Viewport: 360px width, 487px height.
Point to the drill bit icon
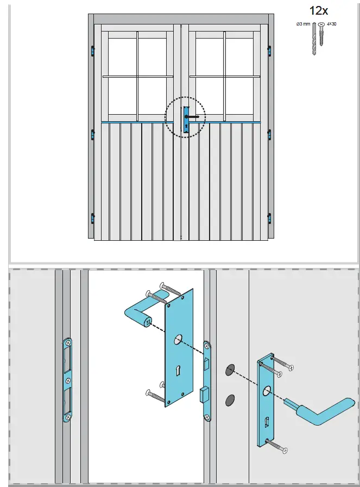312,39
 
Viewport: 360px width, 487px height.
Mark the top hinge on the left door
92,51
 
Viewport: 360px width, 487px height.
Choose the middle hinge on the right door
270,135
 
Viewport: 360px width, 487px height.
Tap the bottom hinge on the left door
92,218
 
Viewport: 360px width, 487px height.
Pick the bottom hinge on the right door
270,218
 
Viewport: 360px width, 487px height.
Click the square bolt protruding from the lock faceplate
205,392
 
